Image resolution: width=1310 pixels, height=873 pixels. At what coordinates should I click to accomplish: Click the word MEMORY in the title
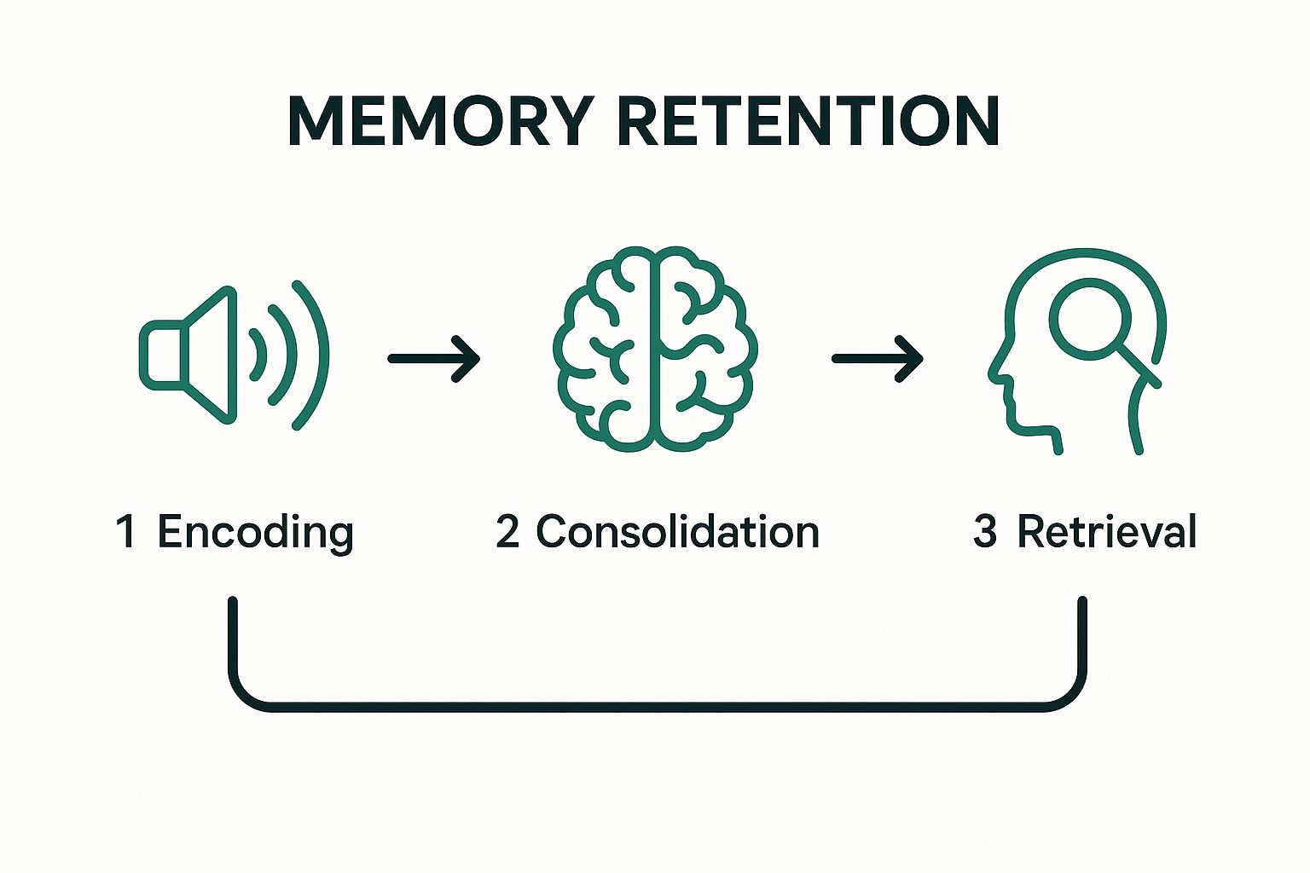tap(439, 121)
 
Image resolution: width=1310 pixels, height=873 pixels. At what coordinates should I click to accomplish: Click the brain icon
tap(654, 349)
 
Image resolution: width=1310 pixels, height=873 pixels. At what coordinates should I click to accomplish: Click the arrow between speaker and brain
tap(434, 359)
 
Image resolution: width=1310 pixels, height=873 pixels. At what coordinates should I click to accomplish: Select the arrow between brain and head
tap(878, 359)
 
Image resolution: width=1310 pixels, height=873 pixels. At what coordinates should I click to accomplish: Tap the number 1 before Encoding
tap(125, 531)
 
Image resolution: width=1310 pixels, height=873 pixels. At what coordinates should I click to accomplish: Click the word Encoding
tap(255, 533)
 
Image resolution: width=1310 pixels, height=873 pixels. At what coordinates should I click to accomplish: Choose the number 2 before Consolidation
tap(507, 531)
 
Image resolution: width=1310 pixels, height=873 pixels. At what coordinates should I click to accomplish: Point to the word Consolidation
tap(678, 531)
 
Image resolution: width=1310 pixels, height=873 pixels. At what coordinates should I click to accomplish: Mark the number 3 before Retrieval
tap(985, 531)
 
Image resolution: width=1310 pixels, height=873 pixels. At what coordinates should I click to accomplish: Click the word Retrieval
tap(1107, 531)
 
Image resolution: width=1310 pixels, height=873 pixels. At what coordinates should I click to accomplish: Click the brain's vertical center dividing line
tap(654, 350)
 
